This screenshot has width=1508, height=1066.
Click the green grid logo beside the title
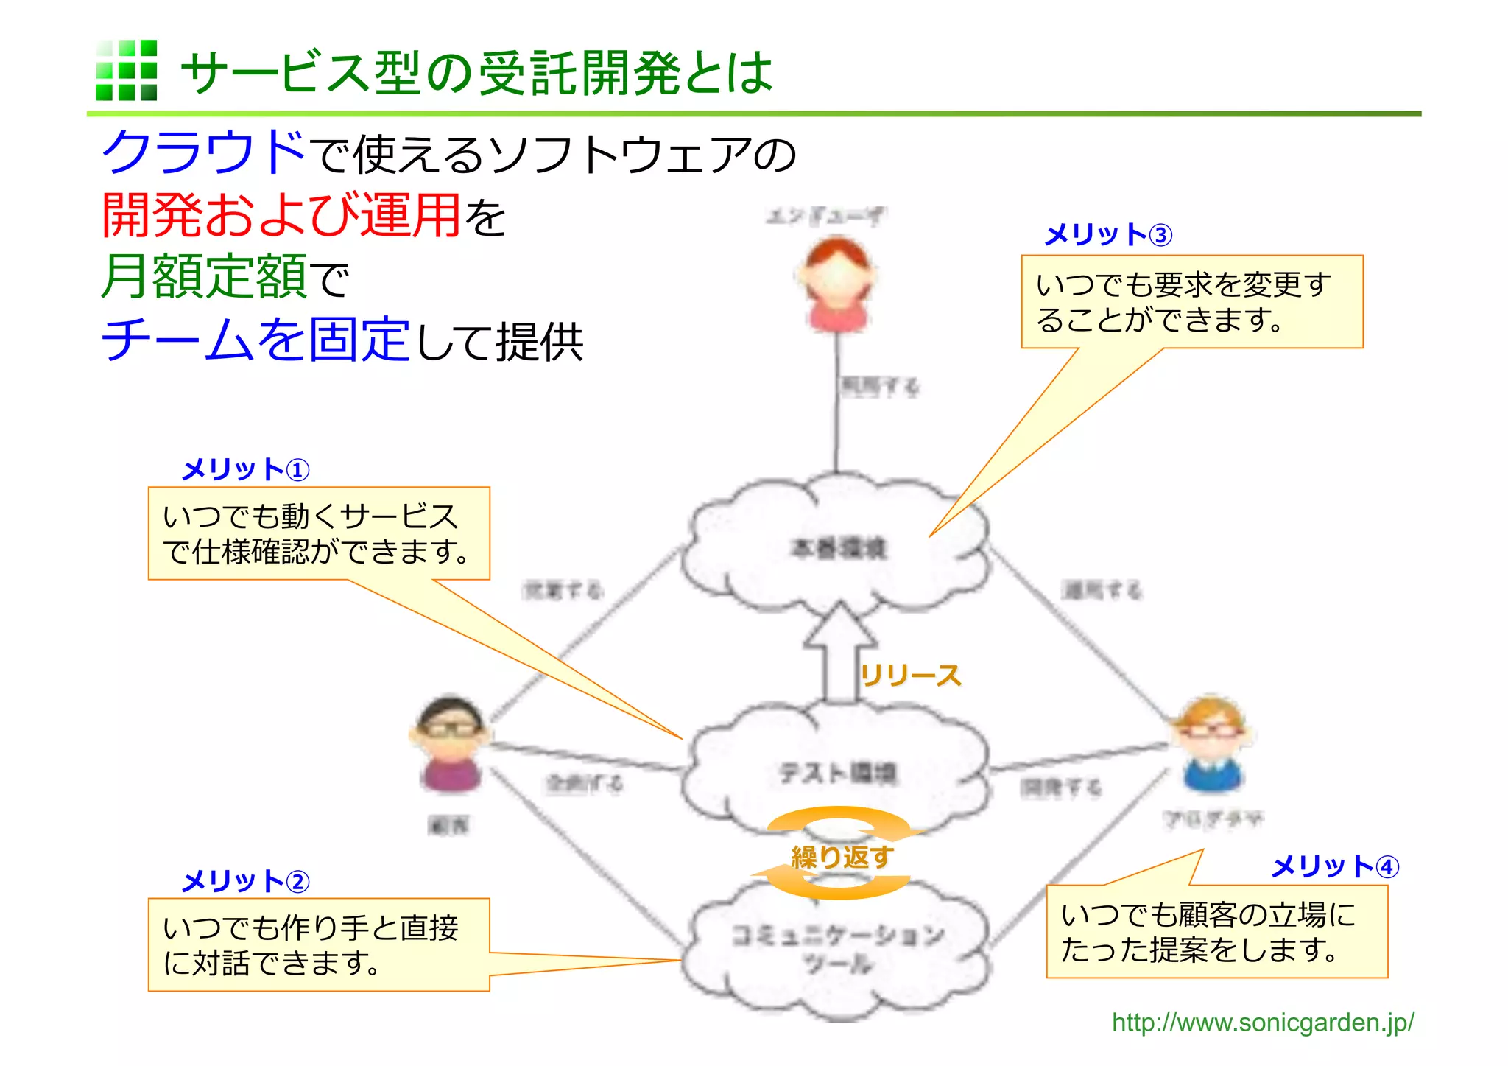point(127,70)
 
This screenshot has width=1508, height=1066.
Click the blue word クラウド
point(203,152)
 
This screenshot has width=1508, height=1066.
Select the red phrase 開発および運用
point(281,215)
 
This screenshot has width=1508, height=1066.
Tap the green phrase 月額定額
point(204,276)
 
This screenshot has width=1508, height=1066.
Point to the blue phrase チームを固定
point(256,340)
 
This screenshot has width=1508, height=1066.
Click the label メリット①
point(245,469)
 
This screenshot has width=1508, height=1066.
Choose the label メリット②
point(245,881)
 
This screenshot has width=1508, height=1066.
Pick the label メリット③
point(1107,235)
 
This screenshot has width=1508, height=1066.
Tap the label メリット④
point(1334,866)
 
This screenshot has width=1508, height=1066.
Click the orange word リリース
point(911,675)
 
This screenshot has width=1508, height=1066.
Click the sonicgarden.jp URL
point(1262,1023)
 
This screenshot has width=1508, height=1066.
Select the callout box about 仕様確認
point(319,533)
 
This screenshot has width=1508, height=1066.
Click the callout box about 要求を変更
point(1191,301)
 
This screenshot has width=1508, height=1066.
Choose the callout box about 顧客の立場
point(1216,931)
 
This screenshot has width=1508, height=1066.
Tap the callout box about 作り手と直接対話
point(319,944)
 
